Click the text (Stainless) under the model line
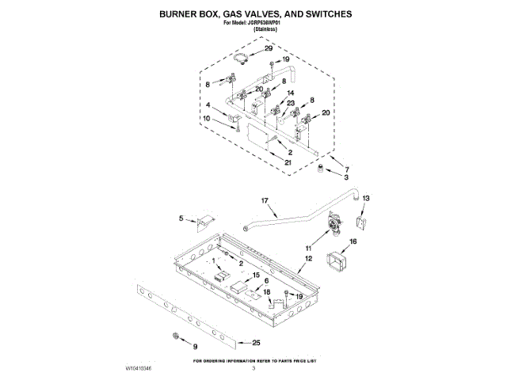click(x=253, y=30)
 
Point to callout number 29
click(x=268, y=49)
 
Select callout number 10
click(x=207, y=119)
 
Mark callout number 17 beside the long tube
click(x=265, y=202)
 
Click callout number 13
click(x=366, y=198)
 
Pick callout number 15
click(x=256, y=275)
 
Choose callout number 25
click(x=255, y=343)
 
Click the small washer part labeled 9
click(x=175, y=338)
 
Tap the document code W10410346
click(x=138, y=369)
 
